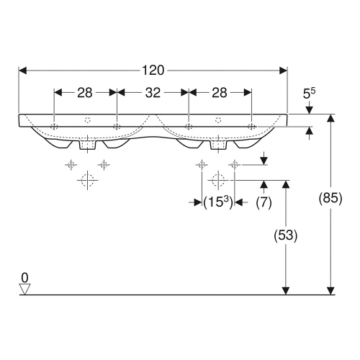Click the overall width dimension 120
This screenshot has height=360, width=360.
click(153, 70)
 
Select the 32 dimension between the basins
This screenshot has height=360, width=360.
click(153, 92)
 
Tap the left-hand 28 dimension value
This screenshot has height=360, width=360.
click(85, 92)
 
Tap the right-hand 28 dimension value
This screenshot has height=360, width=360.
click(220, 92)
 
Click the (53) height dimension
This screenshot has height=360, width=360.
click(287, 235)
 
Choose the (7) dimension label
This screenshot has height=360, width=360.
click(264, 203)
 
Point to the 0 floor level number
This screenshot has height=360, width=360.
click(25, 277)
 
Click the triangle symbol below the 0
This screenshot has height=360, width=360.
click(25, 289)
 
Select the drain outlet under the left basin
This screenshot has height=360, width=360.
click(87, 145)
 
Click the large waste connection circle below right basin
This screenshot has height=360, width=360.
click(218, 179)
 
